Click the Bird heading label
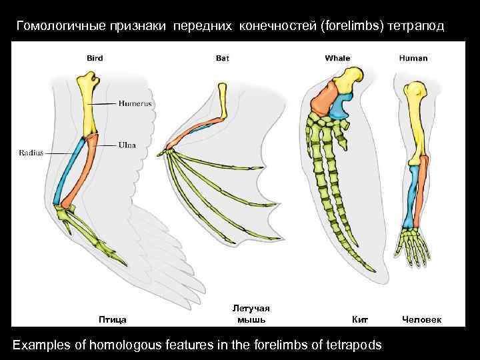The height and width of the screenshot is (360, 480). (95, 59)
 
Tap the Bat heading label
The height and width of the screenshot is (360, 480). (223, 59)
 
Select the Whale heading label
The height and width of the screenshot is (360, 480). (337, 59)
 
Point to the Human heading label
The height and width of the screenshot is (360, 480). (413, 59)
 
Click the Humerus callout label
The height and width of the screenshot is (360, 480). (135, 103)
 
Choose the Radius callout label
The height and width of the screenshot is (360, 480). (31, 153)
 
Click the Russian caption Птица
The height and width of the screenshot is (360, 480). (112, 319)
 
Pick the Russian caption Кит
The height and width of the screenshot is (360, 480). (359, 319)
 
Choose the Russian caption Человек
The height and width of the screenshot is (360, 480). (421, 319)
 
